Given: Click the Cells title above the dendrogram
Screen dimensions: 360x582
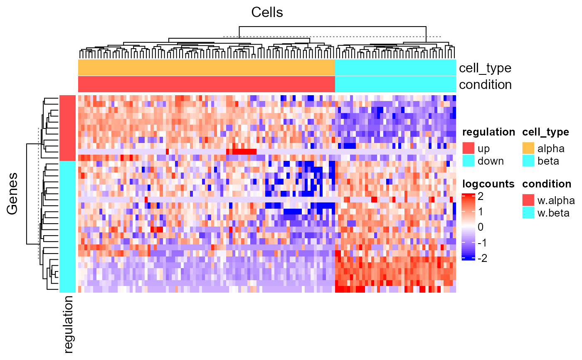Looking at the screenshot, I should pyautogui.click(x=267, y=13).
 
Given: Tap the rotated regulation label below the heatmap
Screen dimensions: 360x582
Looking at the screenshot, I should pyautogui.click(x=68, y=324).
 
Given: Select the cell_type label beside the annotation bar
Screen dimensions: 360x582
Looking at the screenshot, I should pyautogui.click(x=485, y=68).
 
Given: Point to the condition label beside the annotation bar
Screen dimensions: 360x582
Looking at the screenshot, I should pyautogui.click(x=485, y=84).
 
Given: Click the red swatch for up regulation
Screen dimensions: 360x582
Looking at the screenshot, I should pyautogui.click(x=468, y=148).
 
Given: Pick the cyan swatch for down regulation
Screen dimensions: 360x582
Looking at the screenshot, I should pyautogui.click(x=468, y=161).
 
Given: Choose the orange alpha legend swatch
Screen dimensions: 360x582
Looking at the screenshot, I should pyautogui.click(x=528, y=148).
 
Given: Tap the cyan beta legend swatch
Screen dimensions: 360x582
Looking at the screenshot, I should pyautogui.click(x=528, y=161).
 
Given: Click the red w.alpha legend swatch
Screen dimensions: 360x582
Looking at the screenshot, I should pyautogui.click(x=528, y=200).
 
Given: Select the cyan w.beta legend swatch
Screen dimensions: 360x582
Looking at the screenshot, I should pyautogui.click(x=528, y=213).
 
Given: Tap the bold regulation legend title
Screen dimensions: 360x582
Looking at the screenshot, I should pyautogui.click(x=488, y=132).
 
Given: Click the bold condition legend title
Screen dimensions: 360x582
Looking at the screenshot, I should pyautogui.click(x=547, y=184).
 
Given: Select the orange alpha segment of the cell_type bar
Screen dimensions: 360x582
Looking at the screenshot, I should pyautogui.click(x=206, y=68).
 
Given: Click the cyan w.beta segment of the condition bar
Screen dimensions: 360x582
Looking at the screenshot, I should pyautogui.click(x=395, y=84).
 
